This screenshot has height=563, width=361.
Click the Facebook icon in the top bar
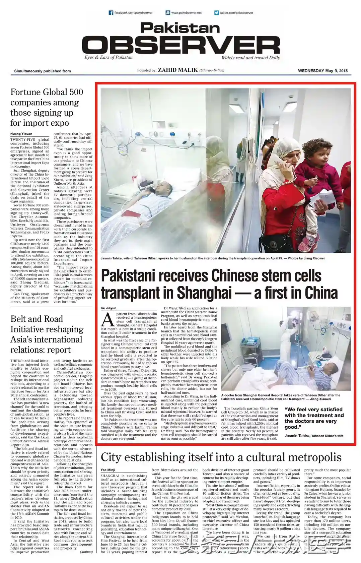(x=111, y=13)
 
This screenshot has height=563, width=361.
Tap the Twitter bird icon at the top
(x=217, y=13)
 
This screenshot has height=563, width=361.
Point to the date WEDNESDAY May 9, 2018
(x=322, y=71)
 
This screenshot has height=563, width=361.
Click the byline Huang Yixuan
(x=21, y=134)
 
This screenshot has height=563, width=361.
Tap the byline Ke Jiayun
(x=109, y=308)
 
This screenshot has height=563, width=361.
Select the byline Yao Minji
(x=108, y=470)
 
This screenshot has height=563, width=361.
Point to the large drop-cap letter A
(x=108, y=320)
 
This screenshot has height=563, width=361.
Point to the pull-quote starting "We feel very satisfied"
(x=314, y=418)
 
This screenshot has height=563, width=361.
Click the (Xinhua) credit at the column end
(x=86, y=552)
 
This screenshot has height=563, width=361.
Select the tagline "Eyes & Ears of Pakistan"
(x=109, y=57)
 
